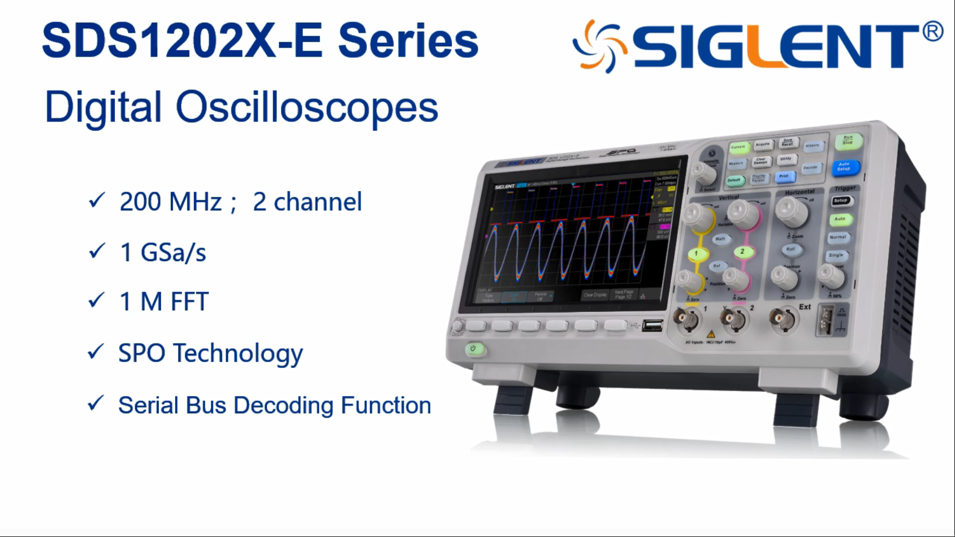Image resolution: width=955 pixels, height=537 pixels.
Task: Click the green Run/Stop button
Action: click(x=848, y=140)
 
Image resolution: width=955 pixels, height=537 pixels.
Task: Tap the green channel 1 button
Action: click(x=697, y=254)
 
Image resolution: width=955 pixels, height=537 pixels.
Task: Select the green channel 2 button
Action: click(x=742, y=252)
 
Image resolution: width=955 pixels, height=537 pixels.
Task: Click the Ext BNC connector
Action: click(x=783, y=320)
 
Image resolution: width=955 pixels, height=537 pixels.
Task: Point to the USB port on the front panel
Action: click(x=652, y=326)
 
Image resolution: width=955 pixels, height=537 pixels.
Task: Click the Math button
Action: click(x=720, y=239)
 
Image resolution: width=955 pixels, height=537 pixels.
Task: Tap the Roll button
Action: click(x=791, y=249)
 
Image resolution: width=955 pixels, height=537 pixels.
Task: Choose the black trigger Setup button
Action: click(x=841, y=201)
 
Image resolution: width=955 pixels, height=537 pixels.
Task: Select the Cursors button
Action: click(x=738, y=148)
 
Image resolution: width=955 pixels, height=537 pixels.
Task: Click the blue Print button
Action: click(x=784, y=177)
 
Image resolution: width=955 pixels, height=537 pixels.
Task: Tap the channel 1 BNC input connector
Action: click(x=687, y=321)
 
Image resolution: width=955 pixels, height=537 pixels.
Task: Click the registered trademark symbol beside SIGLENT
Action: click(x=932, y=31)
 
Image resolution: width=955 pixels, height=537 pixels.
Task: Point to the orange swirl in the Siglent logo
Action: click(x=599, y=46)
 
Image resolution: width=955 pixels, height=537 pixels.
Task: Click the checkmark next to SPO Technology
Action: click(x=96, y=352)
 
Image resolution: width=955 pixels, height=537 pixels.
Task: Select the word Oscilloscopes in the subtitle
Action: click(x=307, y=107)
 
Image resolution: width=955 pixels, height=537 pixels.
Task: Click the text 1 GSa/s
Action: click(x=163, y=252)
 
